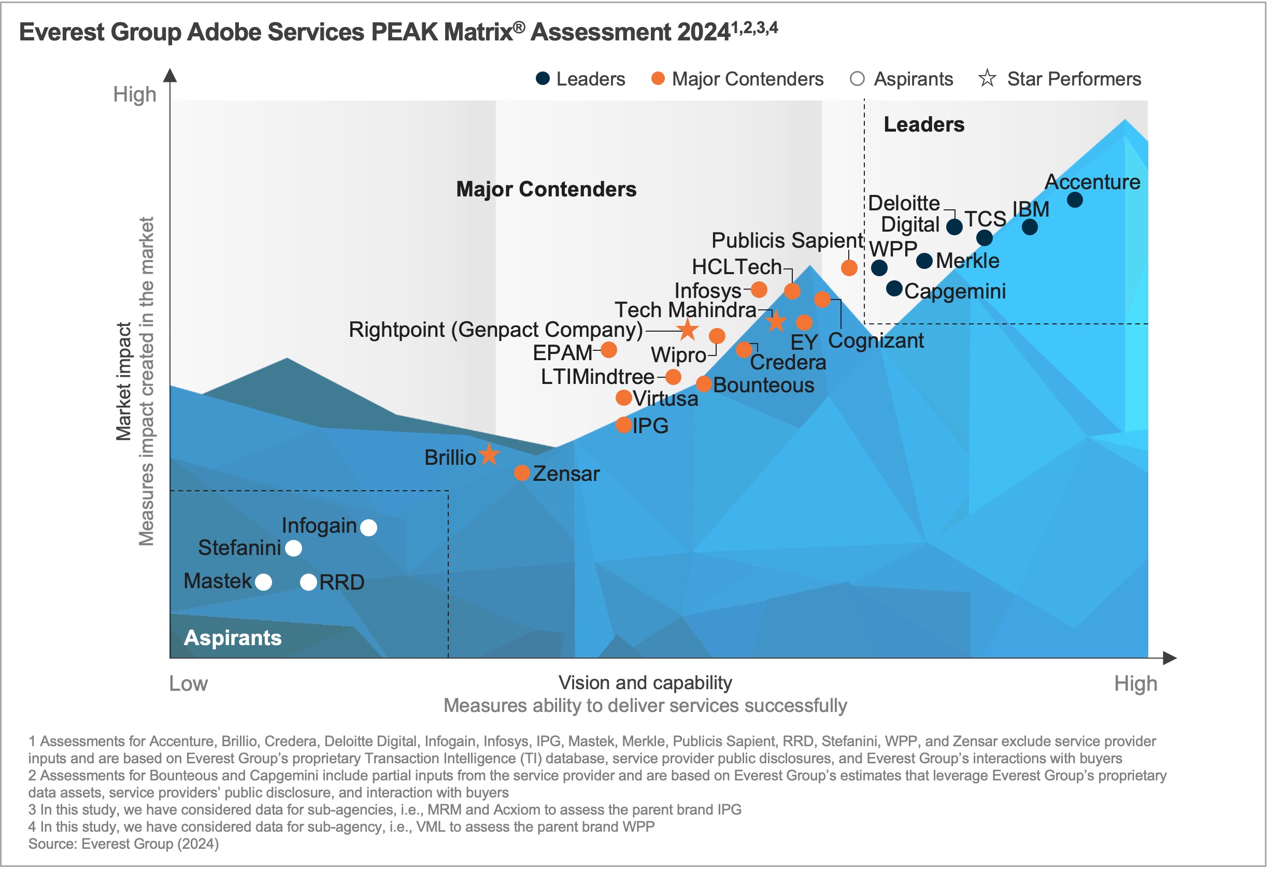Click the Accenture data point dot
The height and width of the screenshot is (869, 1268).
click(x=1075, y=200)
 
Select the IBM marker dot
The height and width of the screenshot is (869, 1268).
click(x=1030, y=227)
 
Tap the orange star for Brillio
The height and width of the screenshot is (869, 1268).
click(x=489, y=455)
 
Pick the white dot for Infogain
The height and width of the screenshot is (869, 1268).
click(x=369, y=528)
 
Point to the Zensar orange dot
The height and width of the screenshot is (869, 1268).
click(x=522, y=473)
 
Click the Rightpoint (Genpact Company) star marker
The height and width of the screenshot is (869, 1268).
click(x=688, y=330)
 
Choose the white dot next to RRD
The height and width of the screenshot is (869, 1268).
click(x=309, y=582)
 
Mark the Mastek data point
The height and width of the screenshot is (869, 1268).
click(x=264, y=582)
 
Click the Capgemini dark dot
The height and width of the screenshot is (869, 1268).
click(x=894, y=289)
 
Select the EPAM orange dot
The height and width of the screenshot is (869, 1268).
click(x=609, y=350)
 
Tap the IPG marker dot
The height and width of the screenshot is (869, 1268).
click(x=623, y=425)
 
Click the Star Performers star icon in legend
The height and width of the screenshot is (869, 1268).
click(x=987, y=79)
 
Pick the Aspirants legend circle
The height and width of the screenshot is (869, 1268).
click(x=857, y=79)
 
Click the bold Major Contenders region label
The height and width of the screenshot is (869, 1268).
click(x=546, y=189)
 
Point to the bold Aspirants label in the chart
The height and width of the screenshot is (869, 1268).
click(x=233, y=638)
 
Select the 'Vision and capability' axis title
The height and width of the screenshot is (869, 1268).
click(x=645, y=682)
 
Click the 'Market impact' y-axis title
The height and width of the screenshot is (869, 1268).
click(x=124, y=381)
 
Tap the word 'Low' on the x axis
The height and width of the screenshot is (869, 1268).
click(x=188, y=683)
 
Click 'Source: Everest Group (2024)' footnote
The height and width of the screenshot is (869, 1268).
click(x=123, y=844)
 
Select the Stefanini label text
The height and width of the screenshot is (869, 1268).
click(x=239, y=548)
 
